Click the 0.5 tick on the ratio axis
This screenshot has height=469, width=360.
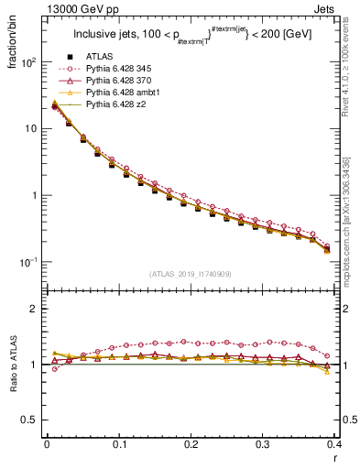(32, 420)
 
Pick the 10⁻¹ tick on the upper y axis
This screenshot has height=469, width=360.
(30, 262)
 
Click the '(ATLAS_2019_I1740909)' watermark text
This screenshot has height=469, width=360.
(190, 273)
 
